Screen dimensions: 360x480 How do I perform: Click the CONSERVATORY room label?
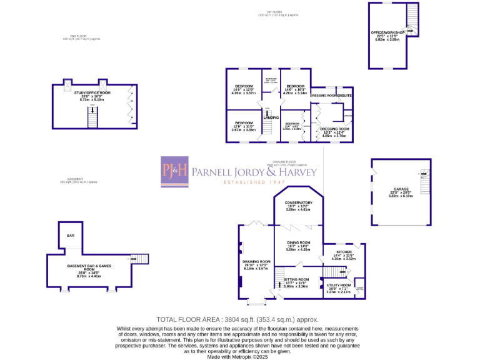coord(298,204)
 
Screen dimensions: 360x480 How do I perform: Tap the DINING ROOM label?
coord(298,242)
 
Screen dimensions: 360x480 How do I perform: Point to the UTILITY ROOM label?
coord(338,285)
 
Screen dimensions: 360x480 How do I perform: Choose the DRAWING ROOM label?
coord(256,261)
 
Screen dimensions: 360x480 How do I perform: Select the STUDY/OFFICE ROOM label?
coord(92,92)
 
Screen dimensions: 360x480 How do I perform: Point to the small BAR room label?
coord(71,236)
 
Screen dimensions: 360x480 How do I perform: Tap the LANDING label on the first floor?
coord(270,117)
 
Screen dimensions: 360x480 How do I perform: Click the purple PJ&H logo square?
coord(174,171)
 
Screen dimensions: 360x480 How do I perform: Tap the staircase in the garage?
coord(424,182)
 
